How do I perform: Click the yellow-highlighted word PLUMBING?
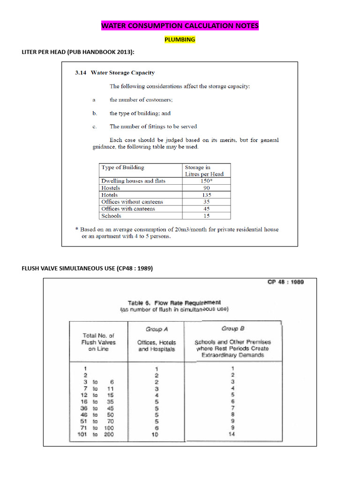[180, 40]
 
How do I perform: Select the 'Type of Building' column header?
[123, 167]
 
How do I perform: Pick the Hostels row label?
[111, 187]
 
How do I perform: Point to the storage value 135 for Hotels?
[207, 195]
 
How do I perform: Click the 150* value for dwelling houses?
[207, 180]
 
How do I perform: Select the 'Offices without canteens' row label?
[132, 202]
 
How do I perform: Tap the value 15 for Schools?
[207, 216]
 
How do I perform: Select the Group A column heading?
[156, 329]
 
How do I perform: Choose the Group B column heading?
[232, 329]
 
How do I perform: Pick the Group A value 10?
[157, 435]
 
